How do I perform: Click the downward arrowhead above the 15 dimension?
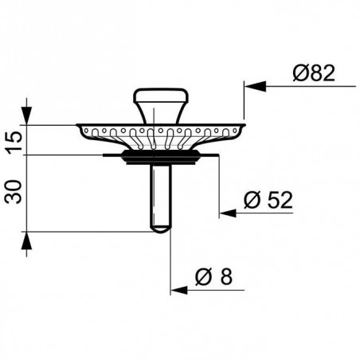[x=29, y=115]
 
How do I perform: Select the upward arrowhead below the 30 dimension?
[x=29, y=242]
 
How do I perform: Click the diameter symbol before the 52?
[x=248, y=201]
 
